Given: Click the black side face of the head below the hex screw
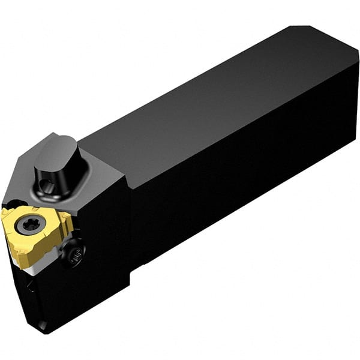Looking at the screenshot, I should point(90,294).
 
